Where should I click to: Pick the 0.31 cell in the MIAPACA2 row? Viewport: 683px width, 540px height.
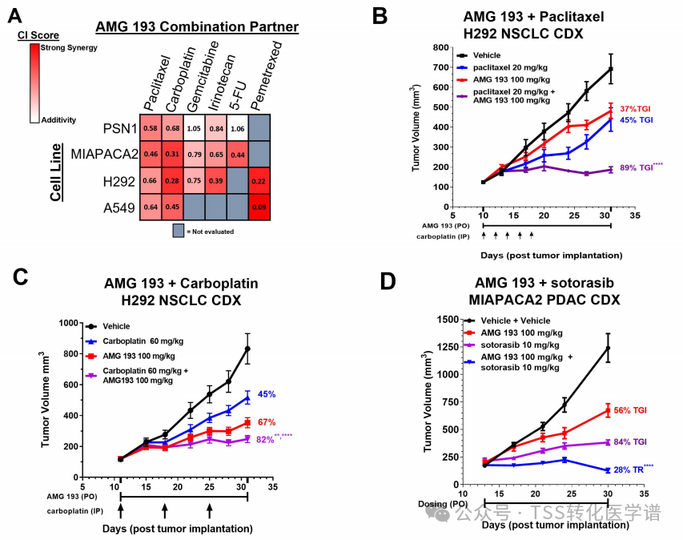(172, 155)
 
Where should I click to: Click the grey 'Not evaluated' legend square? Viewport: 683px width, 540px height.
(179, 232)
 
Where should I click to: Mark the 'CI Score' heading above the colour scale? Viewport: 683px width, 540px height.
(34, 36)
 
